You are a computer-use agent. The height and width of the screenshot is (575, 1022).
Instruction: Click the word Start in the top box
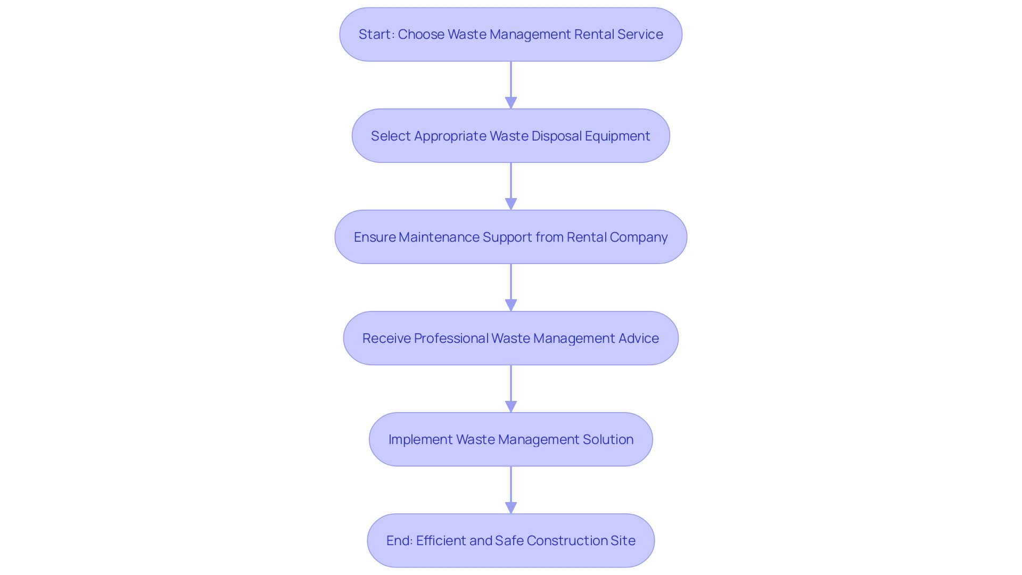click(x=375, y=35)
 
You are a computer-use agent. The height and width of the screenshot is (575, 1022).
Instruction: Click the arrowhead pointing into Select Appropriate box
click(x=511, y=103)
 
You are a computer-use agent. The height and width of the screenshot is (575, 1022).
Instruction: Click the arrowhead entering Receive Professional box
click(x=511, y=305)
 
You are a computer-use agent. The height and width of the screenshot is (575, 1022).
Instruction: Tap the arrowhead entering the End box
click(x=511, y=507)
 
